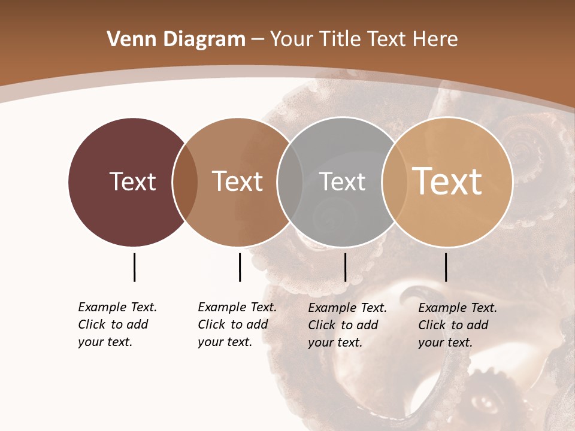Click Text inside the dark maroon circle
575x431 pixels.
point(132,181)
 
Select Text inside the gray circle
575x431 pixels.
point(342,182)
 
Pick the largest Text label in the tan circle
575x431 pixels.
point(447,181)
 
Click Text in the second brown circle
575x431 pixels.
point(238,181)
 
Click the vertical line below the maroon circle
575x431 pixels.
point(134,267)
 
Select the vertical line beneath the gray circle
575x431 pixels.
point(345,267)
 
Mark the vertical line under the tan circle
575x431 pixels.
point(446,267)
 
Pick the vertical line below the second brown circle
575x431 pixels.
point(240,267)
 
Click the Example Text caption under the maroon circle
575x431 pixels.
point(117,324)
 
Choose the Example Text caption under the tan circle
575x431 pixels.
point(458,325)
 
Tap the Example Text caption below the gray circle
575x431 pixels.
point(347,325)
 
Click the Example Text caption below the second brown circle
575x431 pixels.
point(237,324)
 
